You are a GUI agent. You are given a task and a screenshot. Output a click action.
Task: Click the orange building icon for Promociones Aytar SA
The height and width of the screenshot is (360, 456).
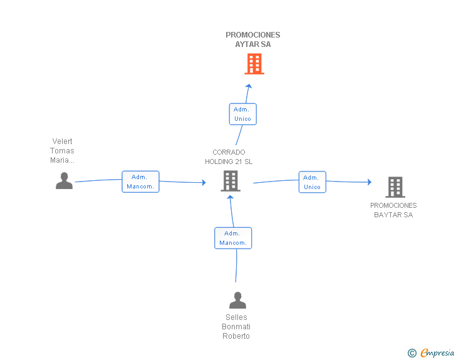(x=254, y=64)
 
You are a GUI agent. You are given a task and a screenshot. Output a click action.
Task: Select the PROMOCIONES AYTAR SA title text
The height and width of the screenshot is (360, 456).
(x=253, y=39)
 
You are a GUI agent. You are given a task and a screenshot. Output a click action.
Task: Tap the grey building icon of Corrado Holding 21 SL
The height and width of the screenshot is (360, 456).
(x=231, y=181)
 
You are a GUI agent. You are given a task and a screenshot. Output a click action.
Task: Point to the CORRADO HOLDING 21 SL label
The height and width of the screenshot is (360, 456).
(x=229, y=157)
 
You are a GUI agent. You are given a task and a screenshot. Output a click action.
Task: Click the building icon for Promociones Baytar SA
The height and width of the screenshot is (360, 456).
(x=395, y=187)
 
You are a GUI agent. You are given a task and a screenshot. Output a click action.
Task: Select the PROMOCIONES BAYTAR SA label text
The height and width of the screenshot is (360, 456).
(x=393, y=210)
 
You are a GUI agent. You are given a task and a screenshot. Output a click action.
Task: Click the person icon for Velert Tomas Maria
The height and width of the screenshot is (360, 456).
(x=64, y=181)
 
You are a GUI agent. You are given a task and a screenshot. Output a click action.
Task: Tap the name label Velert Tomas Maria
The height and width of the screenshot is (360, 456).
(x=62, y=151)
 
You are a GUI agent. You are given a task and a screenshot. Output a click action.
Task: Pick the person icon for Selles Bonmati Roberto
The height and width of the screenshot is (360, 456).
(x=237, y=301)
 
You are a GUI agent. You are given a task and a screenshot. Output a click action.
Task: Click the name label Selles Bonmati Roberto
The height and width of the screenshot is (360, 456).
(x=236, y=327)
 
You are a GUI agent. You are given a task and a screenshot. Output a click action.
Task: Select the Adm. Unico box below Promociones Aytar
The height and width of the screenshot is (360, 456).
(x=242, y=114)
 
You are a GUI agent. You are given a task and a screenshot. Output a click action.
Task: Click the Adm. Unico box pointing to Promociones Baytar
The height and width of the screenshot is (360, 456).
(x=312, y=182)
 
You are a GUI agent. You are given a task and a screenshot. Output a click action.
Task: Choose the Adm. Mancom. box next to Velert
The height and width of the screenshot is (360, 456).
(x=140, y=182)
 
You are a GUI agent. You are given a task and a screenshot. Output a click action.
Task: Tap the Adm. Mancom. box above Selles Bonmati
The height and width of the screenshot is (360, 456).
(x=233, y=238)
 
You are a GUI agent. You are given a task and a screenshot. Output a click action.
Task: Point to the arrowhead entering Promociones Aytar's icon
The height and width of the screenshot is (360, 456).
(x=249, y=87)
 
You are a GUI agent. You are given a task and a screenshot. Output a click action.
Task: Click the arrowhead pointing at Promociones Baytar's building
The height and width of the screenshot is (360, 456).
(x=369, y=182)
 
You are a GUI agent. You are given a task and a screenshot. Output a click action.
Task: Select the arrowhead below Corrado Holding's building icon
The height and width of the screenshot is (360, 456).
(x=231, y=198)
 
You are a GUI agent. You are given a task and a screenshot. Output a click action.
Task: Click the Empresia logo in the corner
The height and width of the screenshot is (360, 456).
(x=437, y=353)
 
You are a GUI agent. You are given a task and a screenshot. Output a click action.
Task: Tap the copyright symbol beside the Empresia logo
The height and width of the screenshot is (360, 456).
(x=412, y=353)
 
